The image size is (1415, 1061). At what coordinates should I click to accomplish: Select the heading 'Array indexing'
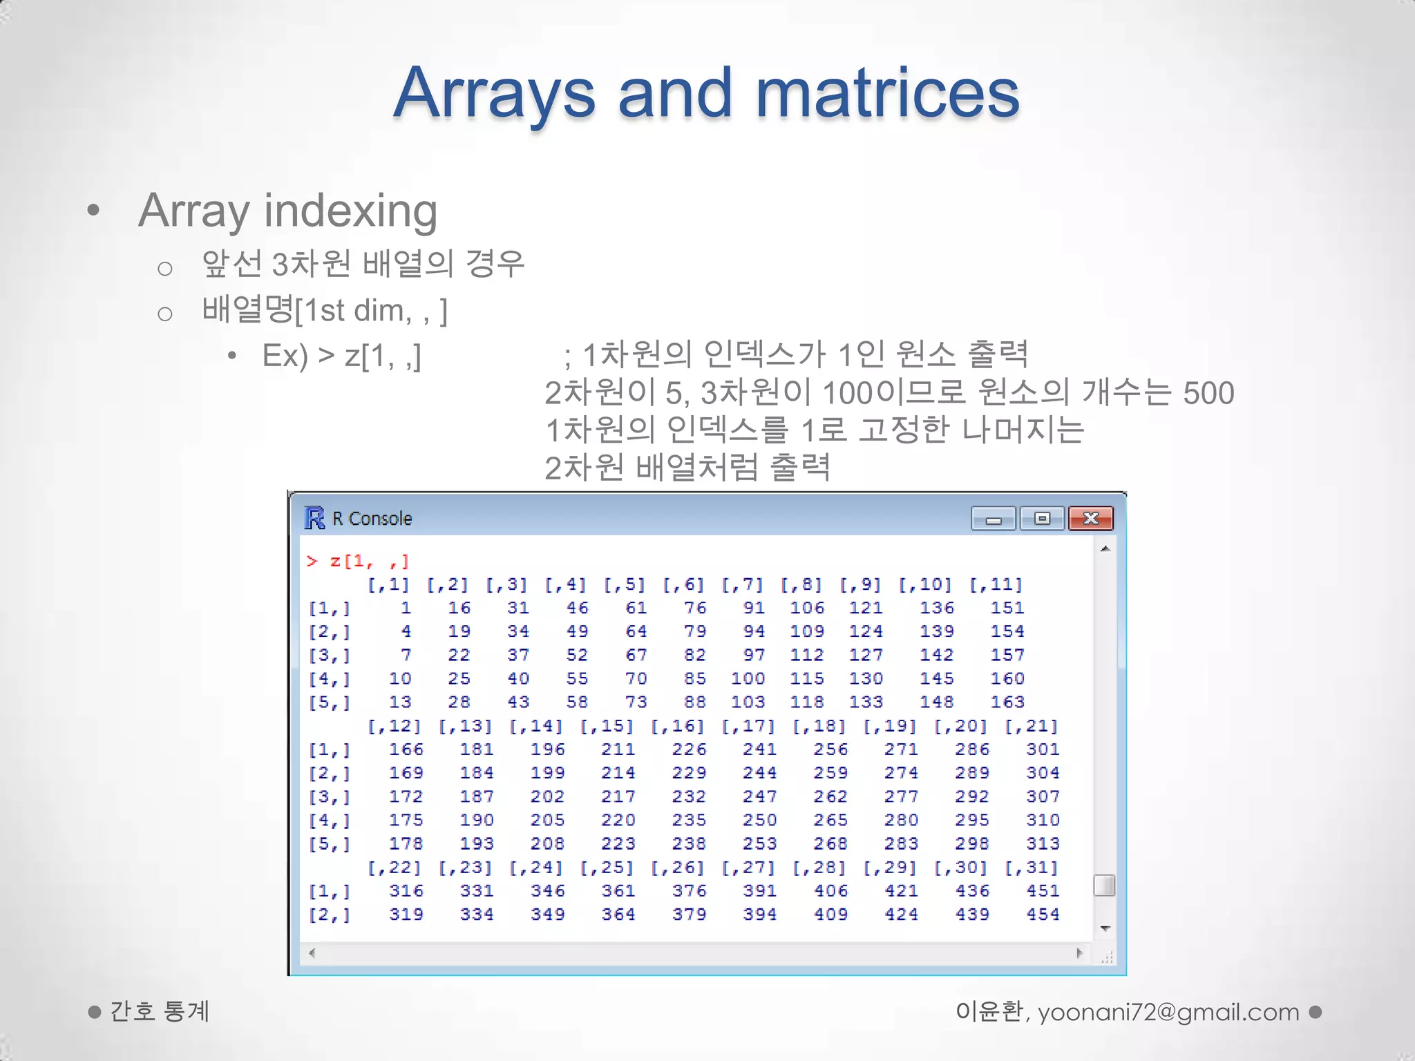(287, 211)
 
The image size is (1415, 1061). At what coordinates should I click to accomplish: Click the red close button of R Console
(1090, 518)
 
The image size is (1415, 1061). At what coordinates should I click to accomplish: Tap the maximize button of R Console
(1042, 518)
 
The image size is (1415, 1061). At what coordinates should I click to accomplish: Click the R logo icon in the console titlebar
(314, 517)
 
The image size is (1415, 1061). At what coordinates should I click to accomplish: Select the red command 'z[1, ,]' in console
(368, 561)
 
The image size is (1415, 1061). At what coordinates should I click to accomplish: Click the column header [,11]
(995, 584)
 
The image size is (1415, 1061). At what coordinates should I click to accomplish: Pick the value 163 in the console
(1007, 702)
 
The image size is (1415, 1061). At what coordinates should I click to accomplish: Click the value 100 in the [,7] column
(748, 678)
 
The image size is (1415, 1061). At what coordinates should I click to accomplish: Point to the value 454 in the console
(1042, 914)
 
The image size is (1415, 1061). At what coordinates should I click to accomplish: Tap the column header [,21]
(1030, 726)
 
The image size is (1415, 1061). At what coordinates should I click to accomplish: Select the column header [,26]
(676, 868)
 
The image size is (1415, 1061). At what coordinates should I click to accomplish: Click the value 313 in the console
(1042, 843)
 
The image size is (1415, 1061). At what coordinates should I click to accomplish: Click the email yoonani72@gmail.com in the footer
(1168, 1012)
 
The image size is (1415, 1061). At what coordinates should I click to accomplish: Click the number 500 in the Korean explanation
(1208, 392)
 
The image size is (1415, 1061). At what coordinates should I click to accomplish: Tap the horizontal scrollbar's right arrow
(1079, 953)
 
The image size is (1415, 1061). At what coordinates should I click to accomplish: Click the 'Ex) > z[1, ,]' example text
(341, 356)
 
